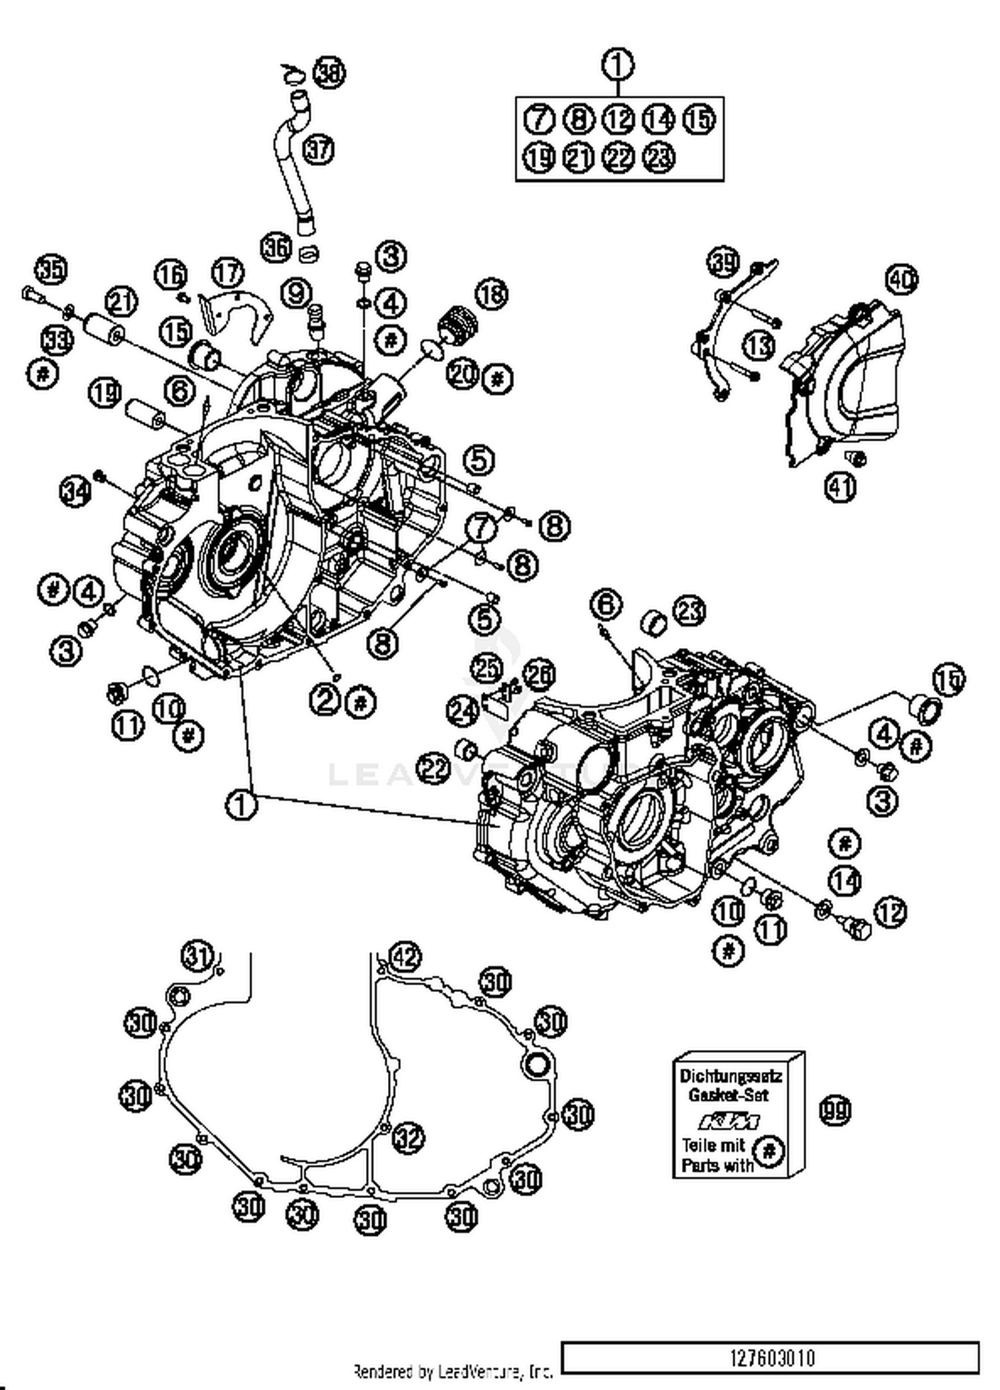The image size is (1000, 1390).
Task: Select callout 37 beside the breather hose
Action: click(x=319, y=149)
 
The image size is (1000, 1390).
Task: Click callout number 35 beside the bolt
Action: click(x=51, y=270)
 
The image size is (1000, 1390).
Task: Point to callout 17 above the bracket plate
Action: click(x=228, y=273)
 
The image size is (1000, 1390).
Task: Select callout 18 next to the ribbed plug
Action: click(x=491, y=294)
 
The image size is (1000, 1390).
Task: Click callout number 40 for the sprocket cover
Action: click(x=901, y=279)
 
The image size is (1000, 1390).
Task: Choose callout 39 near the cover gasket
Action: click(x=723, y=263)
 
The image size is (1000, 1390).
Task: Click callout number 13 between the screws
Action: click(x=759, y=346)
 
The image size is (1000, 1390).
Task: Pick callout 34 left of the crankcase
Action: click(x=75, y=492)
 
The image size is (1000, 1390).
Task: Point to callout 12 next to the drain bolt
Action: click(x=891, y=912)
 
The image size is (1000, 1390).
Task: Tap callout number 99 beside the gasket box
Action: click(x=835, y=1111)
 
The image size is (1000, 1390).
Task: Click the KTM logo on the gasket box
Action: click(x=729, y=1121)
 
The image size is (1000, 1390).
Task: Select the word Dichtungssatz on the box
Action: click(x=731, y=1076)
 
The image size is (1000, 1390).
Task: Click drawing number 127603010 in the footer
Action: click(x=772, y=1358)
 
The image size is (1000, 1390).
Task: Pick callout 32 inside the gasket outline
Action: click(x=408, y=1137)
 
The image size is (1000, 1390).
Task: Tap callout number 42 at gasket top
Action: click(x=405, y=957)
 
